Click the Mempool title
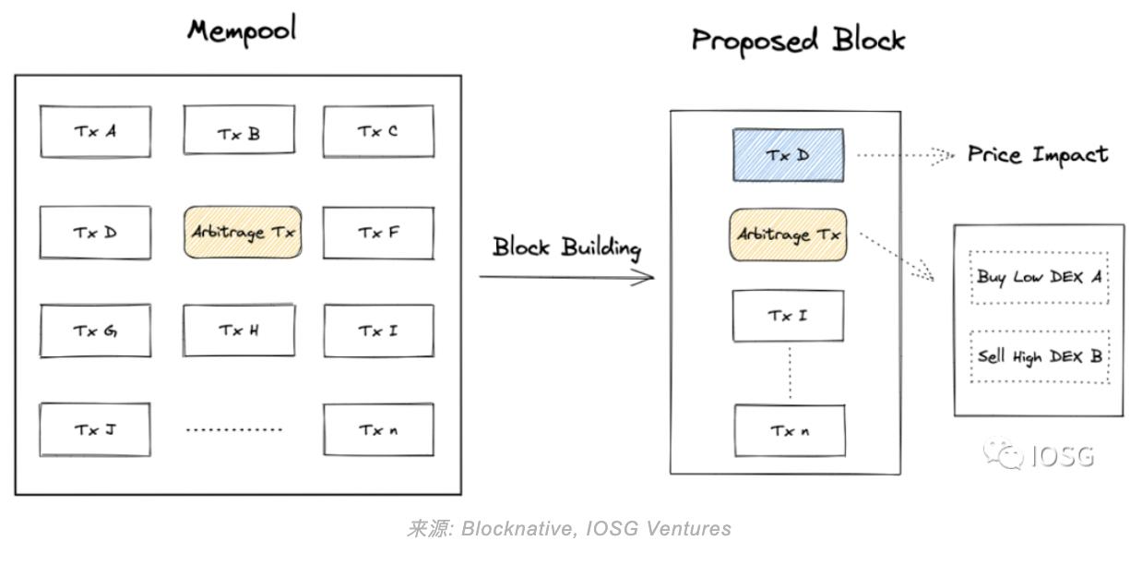[242, 30]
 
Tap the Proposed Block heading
[798, 41]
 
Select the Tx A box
[95, 131]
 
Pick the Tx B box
[239, 130]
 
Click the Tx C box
[377, 131]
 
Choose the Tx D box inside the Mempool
[95, 232]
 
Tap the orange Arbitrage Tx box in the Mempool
[243, 232]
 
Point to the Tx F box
[377, 232]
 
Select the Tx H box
[239, 330]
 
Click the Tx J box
[95, 429]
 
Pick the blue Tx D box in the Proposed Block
[788, 155]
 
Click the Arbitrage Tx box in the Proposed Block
[789, 234]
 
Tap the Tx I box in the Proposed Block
[788, 316]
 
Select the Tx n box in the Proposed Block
[790, 430]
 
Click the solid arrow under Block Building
[565, 276]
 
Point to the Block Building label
[565, 247]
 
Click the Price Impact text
[1037, 155]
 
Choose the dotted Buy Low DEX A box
[1040, 277]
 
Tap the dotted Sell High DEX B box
[1040, 356]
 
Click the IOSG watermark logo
[1039, 455]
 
